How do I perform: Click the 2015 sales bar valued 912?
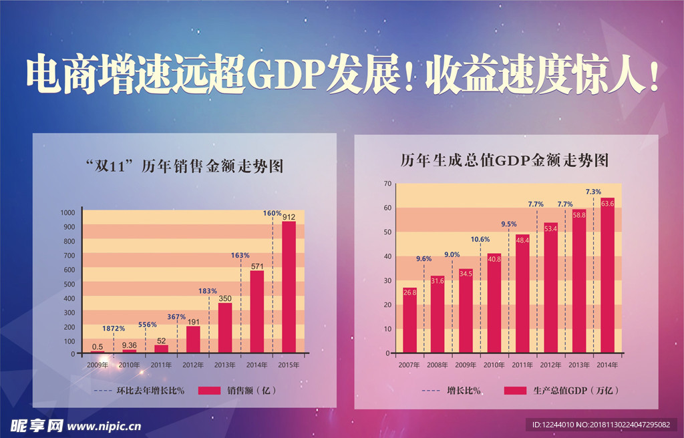point(289,287)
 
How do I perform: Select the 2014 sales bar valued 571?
point(256,311)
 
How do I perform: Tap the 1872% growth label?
point(114,328)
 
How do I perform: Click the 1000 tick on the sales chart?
point(67,213)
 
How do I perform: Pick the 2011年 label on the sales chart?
point(162,365)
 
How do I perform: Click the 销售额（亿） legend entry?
point(238,390)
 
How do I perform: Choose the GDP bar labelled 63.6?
point(607,275)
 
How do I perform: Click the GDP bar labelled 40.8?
point(494,303)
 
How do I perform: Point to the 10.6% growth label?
point(480,239)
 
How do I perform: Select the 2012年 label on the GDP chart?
point(551,365)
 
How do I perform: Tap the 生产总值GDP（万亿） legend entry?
point(562,390)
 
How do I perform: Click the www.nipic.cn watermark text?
point(105,425)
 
